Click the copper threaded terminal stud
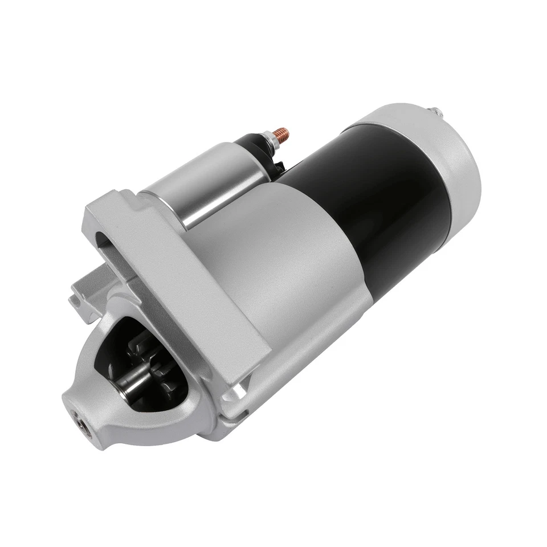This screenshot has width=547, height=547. click(281, 135)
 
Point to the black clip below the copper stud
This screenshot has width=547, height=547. click(280, 165)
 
